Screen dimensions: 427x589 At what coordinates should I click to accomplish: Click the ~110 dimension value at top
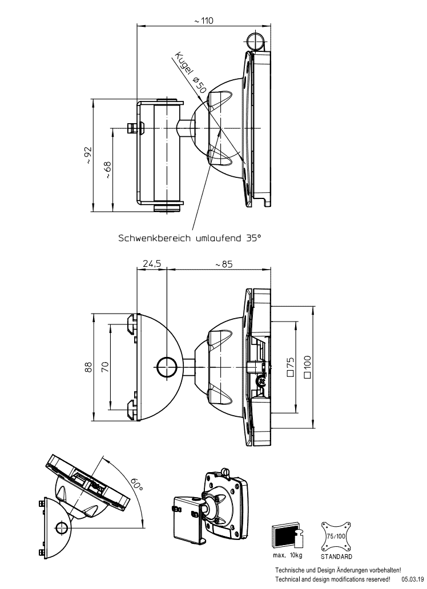[x=204, y=21]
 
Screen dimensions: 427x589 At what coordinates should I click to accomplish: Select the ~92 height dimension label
[x=87, y=155]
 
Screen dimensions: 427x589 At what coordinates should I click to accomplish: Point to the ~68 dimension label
[x=107, y=169]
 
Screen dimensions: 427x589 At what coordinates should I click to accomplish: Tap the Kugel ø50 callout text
[x=190, y=72]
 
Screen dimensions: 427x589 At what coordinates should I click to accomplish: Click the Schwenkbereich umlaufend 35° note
[x=190, y=238]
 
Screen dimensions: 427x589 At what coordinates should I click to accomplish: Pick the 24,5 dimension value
[x=152, y=263]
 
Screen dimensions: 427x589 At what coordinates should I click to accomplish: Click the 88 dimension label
[x=88, y=367]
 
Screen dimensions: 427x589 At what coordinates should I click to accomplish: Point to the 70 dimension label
[x=105, y=367]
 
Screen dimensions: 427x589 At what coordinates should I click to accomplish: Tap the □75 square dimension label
[x=290, y=367]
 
